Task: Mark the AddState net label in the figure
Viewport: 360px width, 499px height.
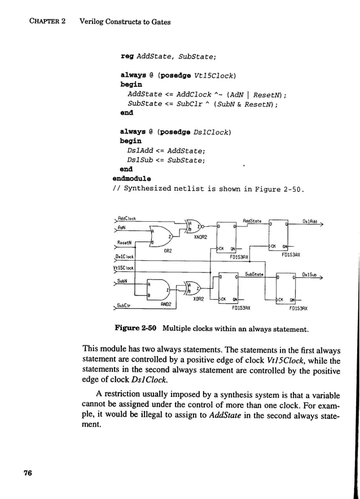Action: [x=251, y=221]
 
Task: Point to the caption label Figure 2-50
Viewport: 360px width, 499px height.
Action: [x=135, y=328]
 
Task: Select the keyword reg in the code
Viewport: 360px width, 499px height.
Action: [x=126, y=56]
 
